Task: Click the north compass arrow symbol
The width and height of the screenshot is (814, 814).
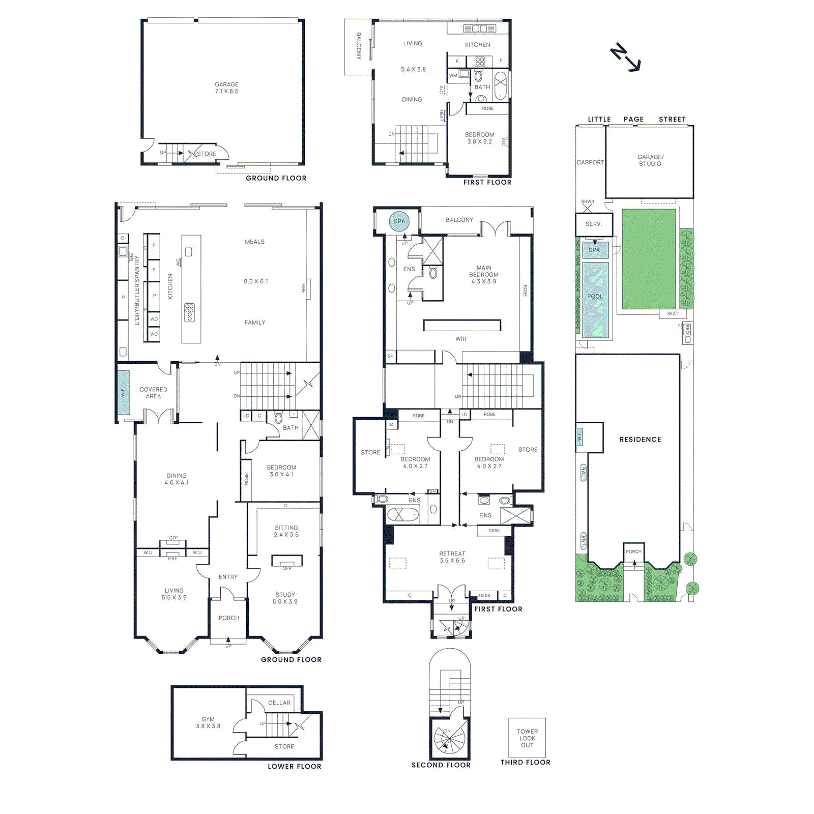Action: click(626, 57)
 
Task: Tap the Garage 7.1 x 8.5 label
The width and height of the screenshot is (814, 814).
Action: click(226, 88)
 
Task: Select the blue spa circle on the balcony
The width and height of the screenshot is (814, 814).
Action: click(399, 221)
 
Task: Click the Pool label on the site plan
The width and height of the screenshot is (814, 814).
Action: click(595, 297)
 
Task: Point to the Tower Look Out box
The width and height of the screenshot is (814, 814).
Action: click(527, 738)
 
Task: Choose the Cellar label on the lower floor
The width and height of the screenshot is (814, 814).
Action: click(279, 703)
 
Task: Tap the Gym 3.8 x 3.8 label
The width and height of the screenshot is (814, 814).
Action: click(208, 722)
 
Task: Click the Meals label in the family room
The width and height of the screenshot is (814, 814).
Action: click(254, 242)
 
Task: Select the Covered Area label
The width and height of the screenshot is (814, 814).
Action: click(153, 393)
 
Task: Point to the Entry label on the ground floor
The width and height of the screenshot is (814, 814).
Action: click(228, 577)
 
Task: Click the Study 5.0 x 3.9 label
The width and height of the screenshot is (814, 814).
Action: click(285, 598)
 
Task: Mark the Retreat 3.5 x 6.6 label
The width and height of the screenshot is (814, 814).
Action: click(452, 557)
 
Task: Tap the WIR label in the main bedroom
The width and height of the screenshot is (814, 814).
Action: click(461, 339)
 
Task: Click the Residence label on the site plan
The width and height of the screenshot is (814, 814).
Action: click(640, 440)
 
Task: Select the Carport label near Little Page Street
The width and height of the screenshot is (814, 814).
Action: click(590, 162)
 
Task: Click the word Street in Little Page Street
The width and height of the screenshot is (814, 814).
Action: click(672, 119)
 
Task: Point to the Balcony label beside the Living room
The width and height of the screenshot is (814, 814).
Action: click(358, 46)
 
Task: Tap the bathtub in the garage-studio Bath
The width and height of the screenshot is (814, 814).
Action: click(501, 85)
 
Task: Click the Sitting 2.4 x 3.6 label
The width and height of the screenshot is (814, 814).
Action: click(286, 531)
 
